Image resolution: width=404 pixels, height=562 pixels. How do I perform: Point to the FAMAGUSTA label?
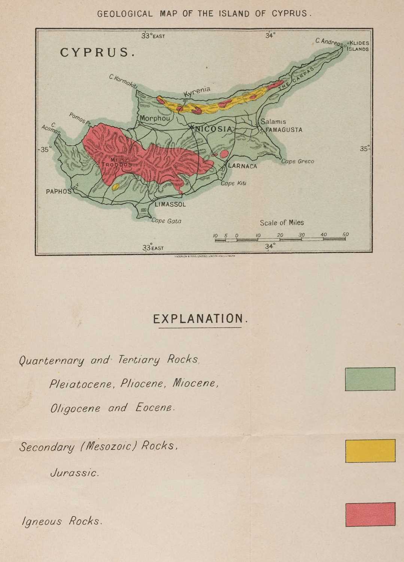pos(284,130)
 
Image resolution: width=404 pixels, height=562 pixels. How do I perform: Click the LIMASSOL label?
pos(170,205)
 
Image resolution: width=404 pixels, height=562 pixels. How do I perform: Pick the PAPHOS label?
pos(58,191)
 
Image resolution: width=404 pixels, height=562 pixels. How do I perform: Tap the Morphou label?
pos(155,118)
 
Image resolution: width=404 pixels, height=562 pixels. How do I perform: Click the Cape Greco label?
pos(298,161)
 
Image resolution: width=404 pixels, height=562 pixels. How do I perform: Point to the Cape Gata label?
pos(166,221)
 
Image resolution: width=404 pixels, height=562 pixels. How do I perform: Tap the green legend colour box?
pos(370,379)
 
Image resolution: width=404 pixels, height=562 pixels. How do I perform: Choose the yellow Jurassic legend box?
pos(370,451)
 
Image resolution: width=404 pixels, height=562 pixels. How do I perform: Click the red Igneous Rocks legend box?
pos(370,514)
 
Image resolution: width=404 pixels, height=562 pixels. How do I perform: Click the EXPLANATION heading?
pos(200,319)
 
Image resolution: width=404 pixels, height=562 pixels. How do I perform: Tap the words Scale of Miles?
pos(282,223)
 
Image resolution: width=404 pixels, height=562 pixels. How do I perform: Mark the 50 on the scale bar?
pos(345,235)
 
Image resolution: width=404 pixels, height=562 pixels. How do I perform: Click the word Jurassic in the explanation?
pos(75,473)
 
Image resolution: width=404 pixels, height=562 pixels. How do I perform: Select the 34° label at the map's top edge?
pos(270,36)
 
